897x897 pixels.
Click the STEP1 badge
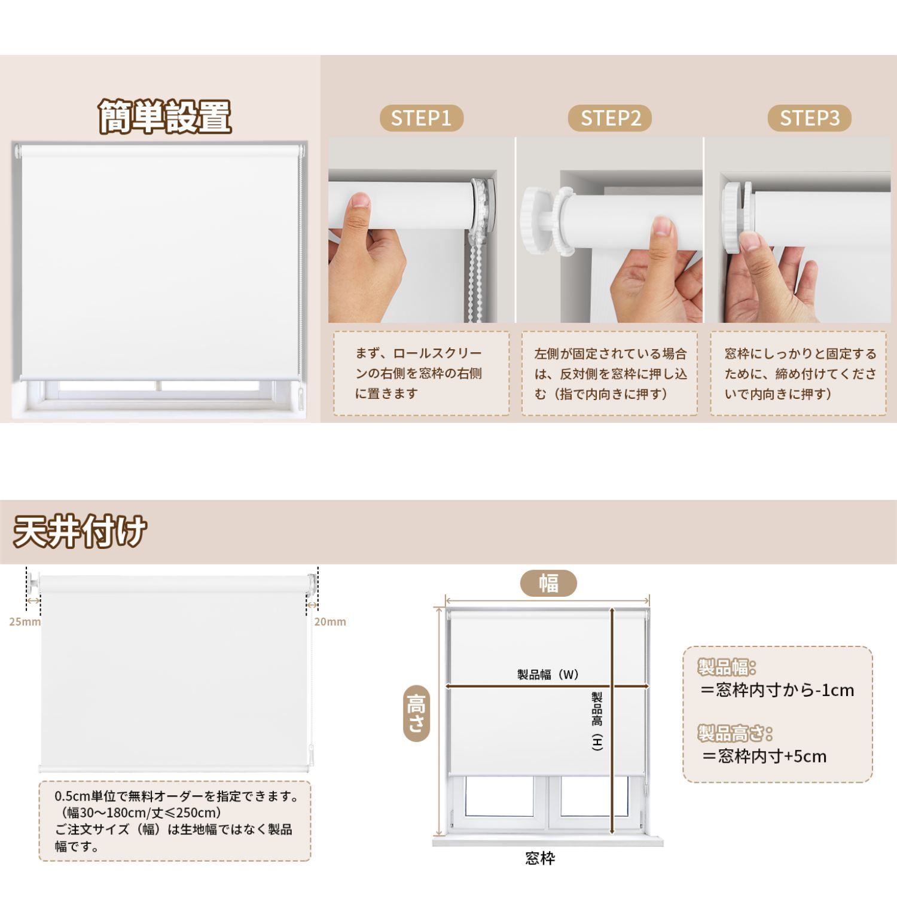tap(422, 118)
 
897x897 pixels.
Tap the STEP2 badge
tap(610, 118)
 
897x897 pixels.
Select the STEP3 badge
tap(810, 118)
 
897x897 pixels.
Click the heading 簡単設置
tap(165, 117)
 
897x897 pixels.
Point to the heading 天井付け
tap(80, 531)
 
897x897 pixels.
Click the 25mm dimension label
tap(25, 622)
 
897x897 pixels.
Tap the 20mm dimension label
tap(330, 622)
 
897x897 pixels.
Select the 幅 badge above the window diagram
tap(548, 583)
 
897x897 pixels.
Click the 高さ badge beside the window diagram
tap(416, 713)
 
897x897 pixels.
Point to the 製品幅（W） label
tap(548, 675)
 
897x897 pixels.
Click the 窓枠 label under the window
tap(540, 859)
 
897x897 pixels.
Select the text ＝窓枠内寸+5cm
tap(764, 756)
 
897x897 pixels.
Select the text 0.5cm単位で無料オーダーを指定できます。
tap(177, 797)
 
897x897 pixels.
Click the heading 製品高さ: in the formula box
tap(735, 733)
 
